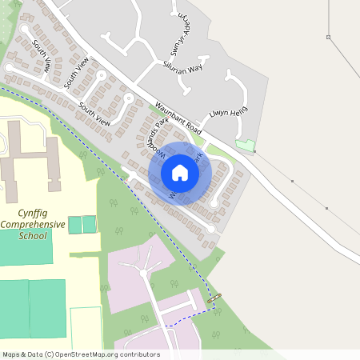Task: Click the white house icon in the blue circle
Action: (180, 173)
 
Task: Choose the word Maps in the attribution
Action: (11, 354)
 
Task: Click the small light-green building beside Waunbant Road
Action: (245, 146)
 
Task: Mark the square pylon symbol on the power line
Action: (328, 37)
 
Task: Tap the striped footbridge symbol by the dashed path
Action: (214, 298)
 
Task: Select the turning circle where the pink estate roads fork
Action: (143, 273)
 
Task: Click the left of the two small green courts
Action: (74, 225)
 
